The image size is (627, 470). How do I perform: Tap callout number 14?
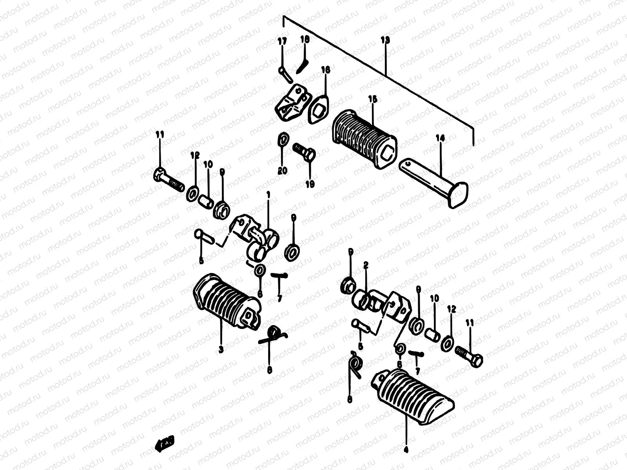pyautogui.click(x=440, y=138)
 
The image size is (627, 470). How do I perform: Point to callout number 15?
pyautogui.click(x=373, y=99)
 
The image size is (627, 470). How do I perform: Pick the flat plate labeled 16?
pyautogui.click(x=318, y=108)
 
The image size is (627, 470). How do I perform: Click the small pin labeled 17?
pyautogui.click(x=286, y=74)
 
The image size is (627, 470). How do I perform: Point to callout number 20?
pyautogui.click(x=282, y=170)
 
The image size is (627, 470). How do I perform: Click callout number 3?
pyautogui.click(x=221, y=349)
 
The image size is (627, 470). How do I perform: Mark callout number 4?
pyautogui.click(x=406, y=450)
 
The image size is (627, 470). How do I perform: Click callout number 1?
pyautogui.click(x=268, y=195)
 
